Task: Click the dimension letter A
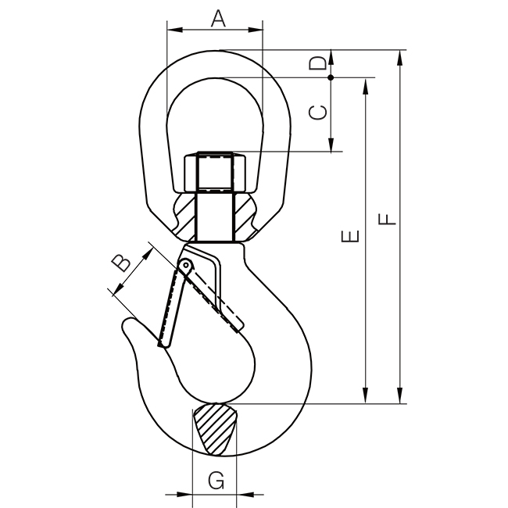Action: click(218, 19)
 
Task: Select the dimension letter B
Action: click(121, 263)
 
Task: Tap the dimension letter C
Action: click(317, 113)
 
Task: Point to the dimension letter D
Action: click(317, 63)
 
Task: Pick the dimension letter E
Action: click(350, 236)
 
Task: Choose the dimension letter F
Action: click(387, 219)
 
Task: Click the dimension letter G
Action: click(216, 480)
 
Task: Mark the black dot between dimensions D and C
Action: click(331, 77)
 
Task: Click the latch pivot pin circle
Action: click(186, 265)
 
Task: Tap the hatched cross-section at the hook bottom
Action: click(215, 428)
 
